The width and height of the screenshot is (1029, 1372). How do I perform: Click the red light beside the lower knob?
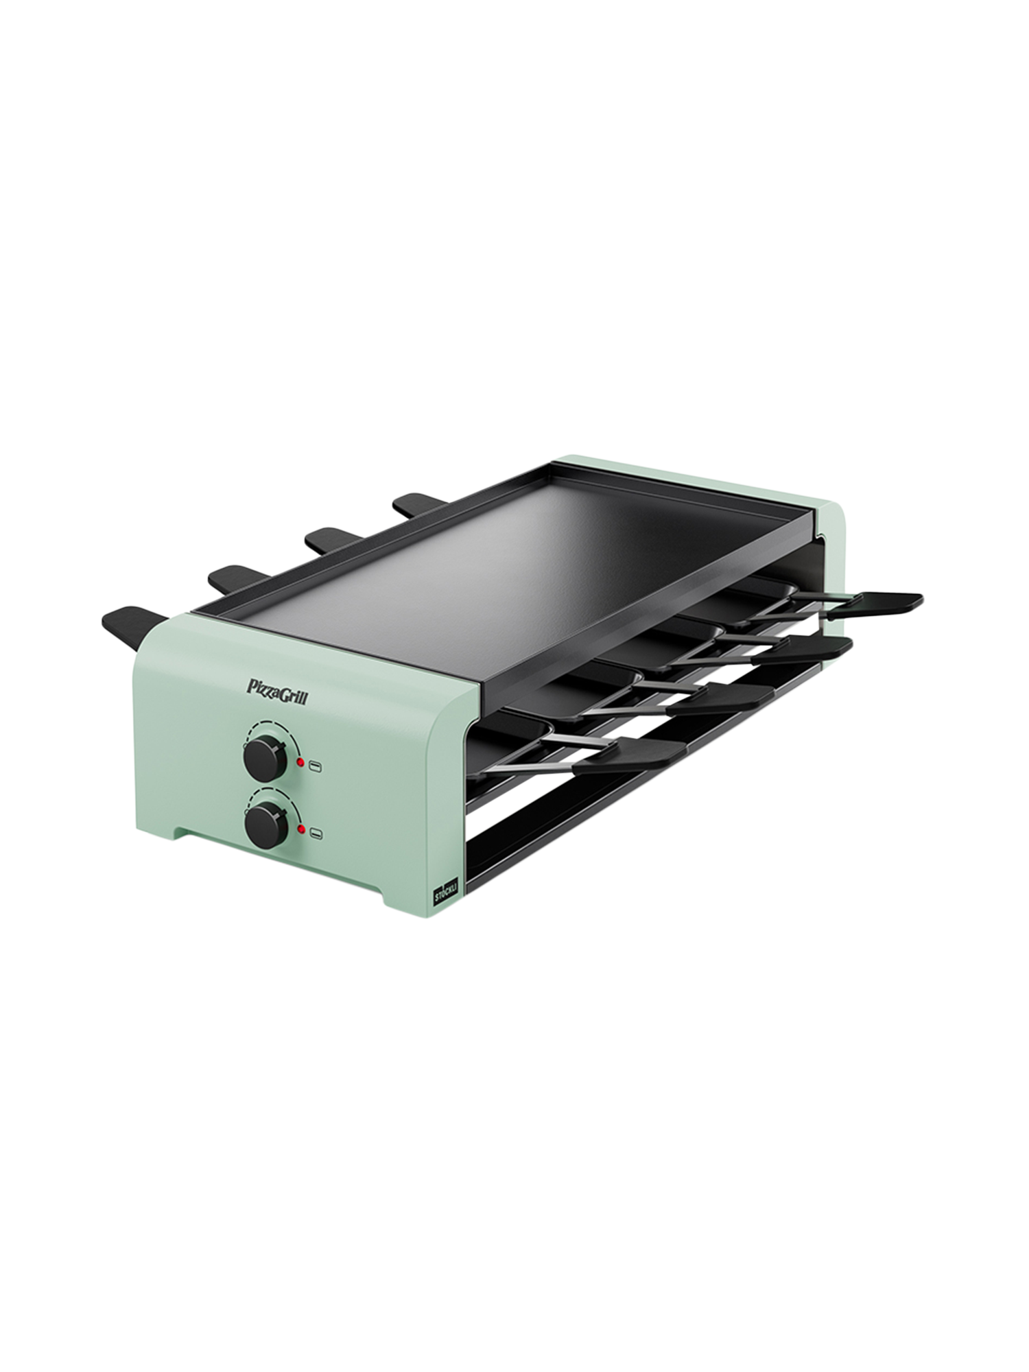(x=301, y=830)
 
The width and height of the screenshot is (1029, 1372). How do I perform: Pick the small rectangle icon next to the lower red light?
(x=316, y=833)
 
